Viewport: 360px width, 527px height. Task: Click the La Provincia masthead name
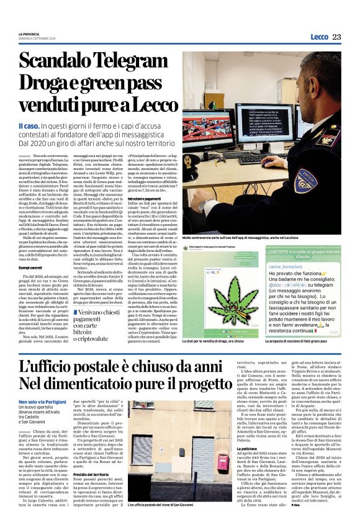(30, 34)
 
